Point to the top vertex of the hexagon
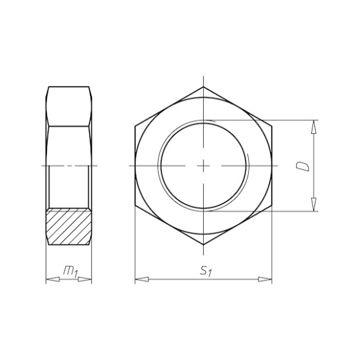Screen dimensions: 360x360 (204, 87)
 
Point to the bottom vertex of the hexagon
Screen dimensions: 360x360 (204, 245)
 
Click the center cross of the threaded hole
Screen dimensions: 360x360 (204, 166)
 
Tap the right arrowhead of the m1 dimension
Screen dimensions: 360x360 (87, 280)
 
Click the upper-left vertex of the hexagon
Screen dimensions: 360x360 (136, 126)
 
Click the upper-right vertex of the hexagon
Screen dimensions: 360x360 (272, 126)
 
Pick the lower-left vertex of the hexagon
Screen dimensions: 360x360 (136, 206)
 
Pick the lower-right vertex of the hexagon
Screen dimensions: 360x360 (272, 206)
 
